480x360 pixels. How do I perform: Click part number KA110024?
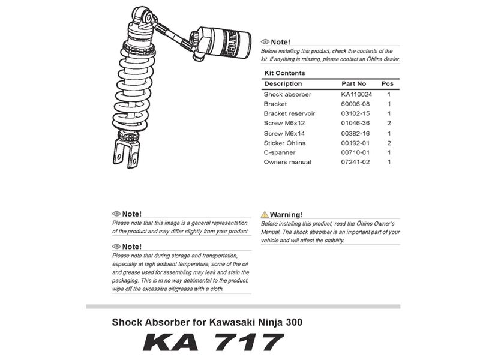(x=356, y=94)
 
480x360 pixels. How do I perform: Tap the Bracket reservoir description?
(x=289, y=113)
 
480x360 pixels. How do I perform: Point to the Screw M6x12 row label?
(x=284, y=123)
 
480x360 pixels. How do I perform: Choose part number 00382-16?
(x=355, y=133)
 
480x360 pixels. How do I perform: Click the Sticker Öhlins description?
(x=284, y=143)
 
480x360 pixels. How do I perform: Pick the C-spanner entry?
(x=280, y=152)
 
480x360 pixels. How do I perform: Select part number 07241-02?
(x=355, y=162)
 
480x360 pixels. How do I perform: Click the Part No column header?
(x=353, y=83)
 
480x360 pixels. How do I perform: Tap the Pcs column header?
(x=388, y=83)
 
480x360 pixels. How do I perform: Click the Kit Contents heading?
(x=284, y=73)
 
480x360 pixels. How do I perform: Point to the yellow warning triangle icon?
(x=265, y=214)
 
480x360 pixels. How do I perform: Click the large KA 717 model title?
(x=213, y=343)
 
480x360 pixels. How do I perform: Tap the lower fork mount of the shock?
(x=125, y=153)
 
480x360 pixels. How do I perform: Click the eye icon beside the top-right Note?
(x=265, y=42)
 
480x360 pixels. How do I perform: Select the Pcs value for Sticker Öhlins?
(x=389, y=143)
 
